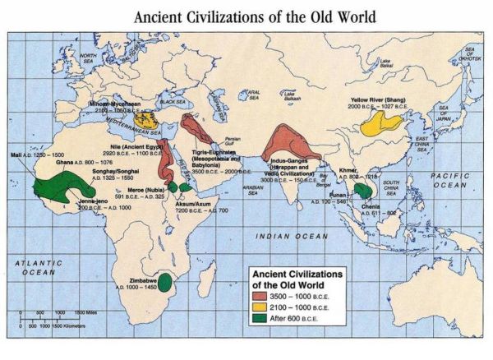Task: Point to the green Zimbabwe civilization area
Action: click(166, 282)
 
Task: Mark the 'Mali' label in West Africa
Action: click(14, 154)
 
